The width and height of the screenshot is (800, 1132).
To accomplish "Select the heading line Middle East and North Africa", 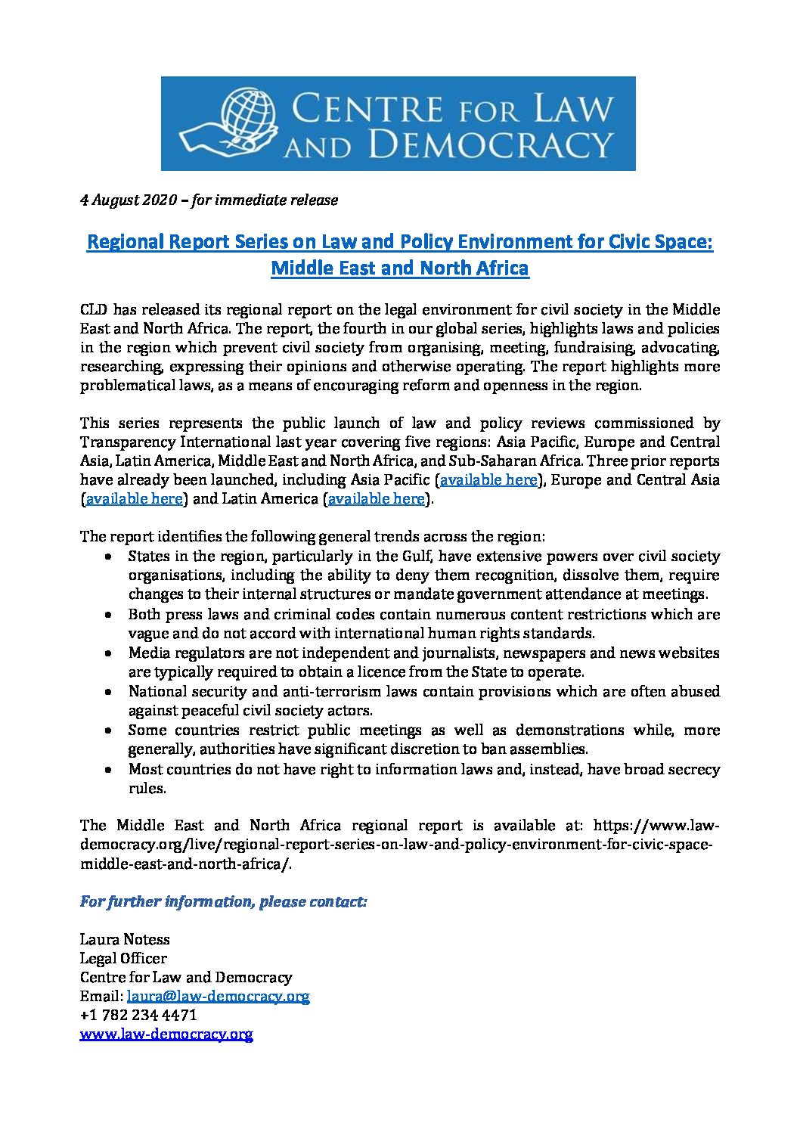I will pos(399,268).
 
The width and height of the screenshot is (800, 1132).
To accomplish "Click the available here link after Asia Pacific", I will pos(488,480).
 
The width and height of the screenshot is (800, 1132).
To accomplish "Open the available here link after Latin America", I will pos(376,499).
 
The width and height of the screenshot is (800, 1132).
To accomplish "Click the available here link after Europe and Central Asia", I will pos(135,499).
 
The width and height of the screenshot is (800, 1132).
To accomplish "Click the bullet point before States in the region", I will pos(110,557).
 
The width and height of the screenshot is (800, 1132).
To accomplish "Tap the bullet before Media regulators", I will pos(110,653).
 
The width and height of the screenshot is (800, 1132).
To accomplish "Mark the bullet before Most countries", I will pos(110,770).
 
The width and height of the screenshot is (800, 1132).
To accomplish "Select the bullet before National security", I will pos(110,692).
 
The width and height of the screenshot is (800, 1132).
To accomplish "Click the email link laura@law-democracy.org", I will pos(218,997).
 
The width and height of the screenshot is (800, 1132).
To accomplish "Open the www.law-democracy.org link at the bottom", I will pos(166,1034).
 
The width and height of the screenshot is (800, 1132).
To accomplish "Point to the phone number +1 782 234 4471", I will pos(138,1016).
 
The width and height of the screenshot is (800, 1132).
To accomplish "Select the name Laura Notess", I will pos(125,940).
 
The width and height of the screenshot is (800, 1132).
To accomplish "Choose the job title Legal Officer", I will pos(123,959).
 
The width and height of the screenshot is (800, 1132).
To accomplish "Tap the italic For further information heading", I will pos(223,902).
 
